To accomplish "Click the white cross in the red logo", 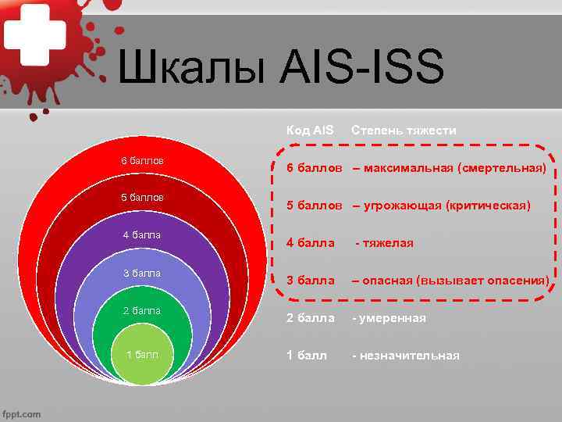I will (x=33, y=35).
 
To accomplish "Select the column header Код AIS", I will (x=309, y=130).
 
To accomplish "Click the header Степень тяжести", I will (x=404, y=130).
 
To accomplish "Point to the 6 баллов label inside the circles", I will (x=142, y=160).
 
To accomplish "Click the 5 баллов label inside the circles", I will (x=142, y=197).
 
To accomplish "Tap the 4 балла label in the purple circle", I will (x=142, y=235).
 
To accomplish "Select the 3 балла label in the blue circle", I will (x=142, y=273).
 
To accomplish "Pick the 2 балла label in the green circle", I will (x=142, y=310).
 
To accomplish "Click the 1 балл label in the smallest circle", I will (x=142, y=355).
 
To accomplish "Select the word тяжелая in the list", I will (x=389, y=243).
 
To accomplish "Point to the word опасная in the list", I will (x=388, y=281).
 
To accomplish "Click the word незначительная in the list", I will (x=409, y=356).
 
